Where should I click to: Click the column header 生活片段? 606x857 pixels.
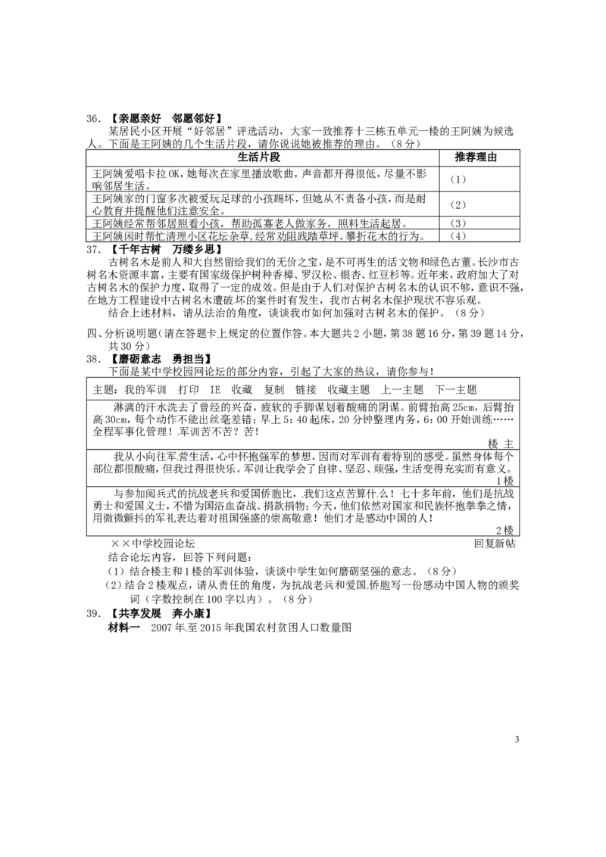point(259,157)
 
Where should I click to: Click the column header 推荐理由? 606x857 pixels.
point(476,157)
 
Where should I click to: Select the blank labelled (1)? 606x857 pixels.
point(458,179)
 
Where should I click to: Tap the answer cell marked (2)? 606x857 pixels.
point(458,204)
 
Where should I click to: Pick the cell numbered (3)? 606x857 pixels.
point(458,223)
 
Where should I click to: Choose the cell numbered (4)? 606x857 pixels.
point(458,235)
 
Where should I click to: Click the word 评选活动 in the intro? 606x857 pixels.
point(256,132)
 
